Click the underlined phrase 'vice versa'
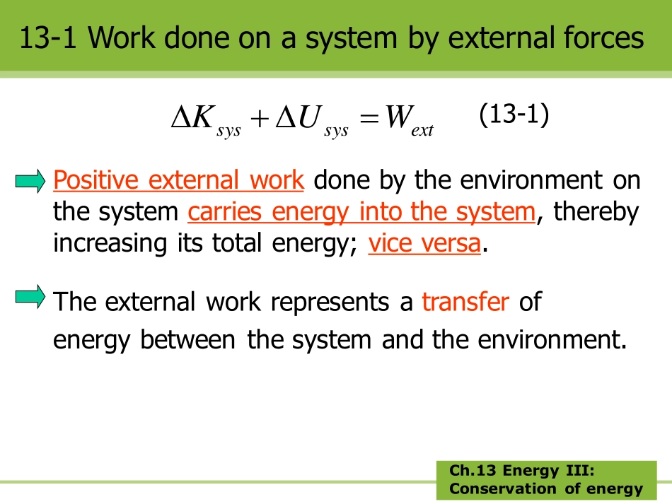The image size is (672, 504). [424, 243]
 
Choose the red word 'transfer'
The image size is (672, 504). [465, 302]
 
